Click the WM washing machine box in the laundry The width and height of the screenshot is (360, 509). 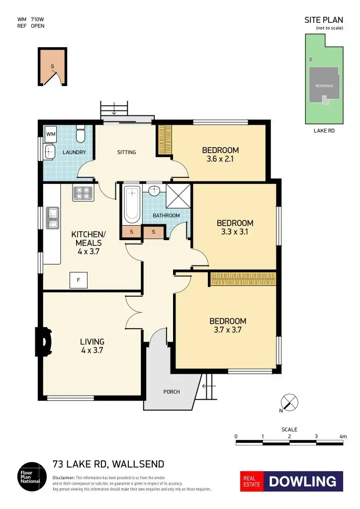click(x=51, y=134)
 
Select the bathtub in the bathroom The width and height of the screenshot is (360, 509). click(x=132, y=205)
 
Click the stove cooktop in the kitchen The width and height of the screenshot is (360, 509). click(x=83, y=193)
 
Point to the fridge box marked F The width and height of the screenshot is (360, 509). click(x=78, y=280)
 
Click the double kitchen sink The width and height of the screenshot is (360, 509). click(x=52, y=218)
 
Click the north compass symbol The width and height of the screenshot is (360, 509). click(x=289, y=402)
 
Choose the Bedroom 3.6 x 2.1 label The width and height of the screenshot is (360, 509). click(x=220, y=155)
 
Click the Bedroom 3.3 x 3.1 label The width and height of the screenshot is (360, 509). click(x=235, y=228)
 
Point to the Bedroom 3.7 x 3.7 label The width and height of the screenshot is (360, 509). click(x=228, y=325)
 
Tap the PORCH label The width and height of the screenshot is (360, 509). click(x=172, y=392)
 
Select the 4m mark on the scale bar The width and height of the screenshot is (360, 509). click(x=343, y=436)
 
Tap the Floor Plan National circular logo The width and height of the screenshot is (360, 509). click(x=31, y=477)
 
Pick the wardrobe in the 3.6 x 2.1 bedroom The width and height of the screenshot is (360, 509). click(x=165, y=140)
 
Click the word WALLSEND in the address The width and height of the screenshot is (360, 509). click(x=138, y=465)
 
